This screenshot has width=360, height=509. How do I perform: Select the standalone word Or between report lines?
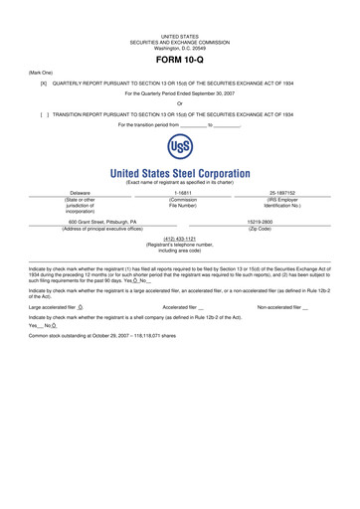(x=180, y=103)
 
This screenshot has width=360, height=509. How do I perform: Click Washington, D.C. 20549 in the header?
(x=180, y=48)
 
